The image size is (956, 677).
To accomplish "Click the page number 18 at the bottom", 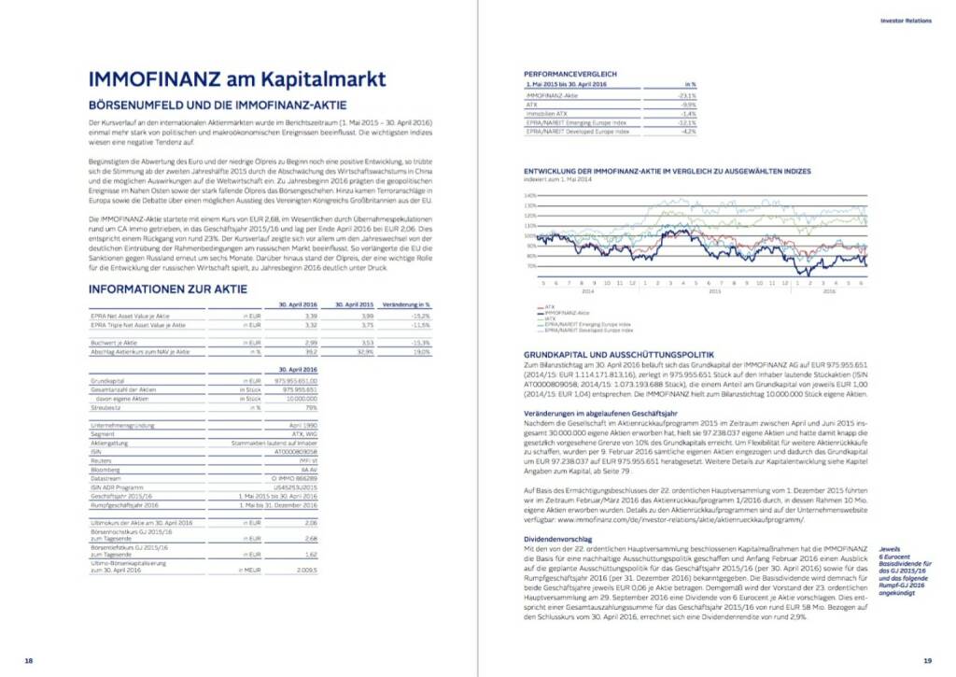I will coord(29,661).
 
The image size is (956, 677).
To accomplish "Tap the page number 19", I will coord(926,661).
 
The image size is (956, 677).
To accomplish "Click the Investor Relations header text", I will coord(906,20).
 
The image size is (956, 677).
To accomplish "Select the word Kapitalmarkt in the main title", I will coord(318,78).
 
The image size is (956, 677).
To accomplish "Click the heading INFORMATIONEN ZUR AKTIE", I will coord(170,289).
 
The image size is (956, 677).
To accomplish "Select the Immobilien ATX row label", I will coord(548,114).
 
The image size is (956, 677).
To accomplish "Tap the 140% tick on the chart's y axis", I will coord(529,195).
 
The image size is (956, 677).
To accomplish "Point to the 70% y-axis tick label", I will coord(530,266).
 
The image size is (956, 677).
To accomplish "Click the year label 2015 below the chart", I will coord(714,290).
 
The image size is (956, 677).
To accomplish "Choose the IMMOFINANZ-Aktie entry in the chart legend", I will coord(562,313).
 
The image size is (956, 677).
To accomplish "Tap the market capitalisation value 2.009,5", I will coord(307,569).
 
